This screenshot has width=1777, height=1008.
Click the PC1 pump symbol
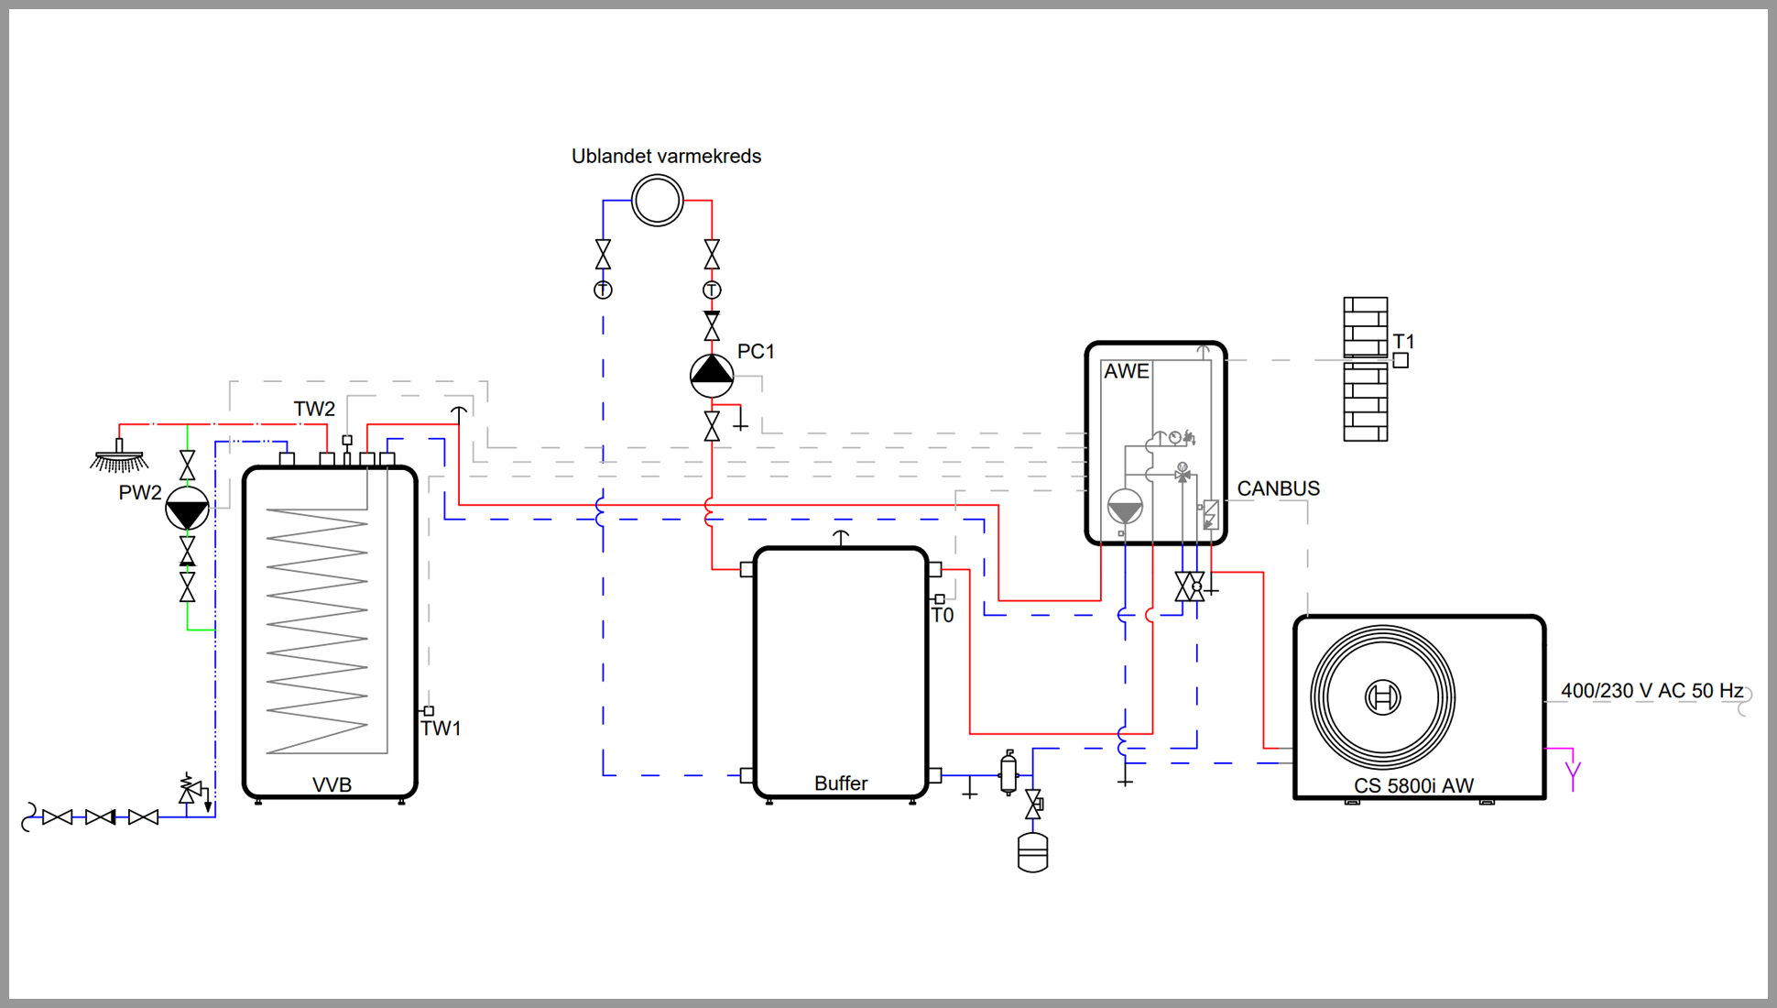(712, 374)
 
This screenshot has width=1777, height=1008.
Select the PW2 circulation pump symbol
(187, 509)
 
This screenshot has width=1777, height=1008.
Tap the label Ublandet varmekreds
(666, 156)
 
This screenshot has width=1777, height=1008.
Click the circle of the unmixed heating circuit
(657, 201)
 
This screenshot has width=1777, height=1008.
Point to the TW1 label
(441, 729)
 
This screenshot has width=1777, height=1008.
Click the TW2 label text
(314, 409)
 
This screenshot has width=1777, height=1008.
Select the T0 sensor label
(943, 616)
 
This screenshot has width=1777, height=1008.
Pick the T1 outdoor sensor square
(1401, 361)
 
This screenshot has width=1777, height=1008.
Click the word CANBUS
(1278, 488)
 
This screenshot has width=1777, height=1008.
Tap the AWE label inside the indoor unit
(1126, 371)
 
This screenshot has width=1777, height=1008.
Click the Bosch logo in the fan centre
(1382, 697)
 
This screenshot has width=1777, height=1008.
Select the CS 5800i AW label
(1413, 785)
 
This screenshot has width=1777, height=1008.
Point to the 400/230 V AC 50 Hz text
(1652, 691)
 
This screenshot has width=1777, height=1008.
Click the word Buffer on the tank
(841, 783)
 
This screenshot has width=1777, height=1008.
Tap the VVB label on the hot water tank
(332, 785)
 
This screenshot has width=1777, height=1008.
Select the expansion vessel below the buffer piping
(1032, 852)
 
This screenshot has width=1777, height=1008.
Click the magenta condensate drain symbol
(1572, 769)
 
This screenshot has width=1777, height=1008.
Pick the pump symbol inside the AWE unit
(1125, 507)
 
